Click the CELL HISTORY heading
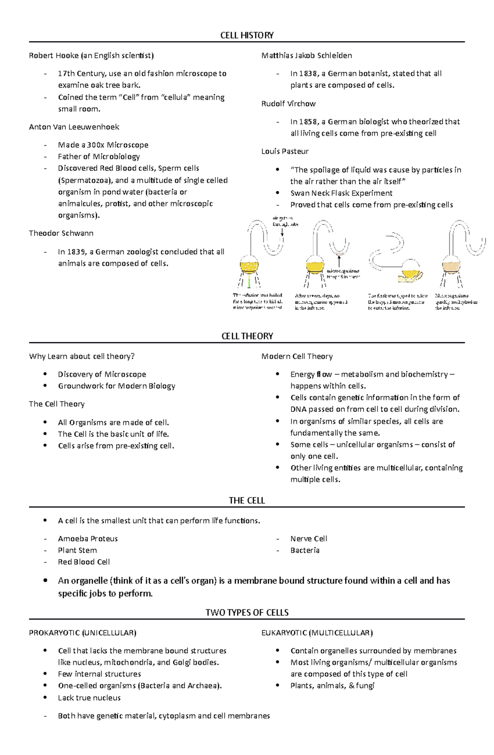247,35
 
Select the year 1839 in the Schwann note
77,252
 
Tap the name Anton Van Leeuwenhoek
74,127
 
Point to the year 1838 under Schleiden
309,74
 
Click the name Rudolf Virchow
288,104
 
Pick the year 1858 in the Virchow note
309,122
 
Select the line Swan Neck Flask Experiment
341,193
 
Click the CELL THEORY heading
247,336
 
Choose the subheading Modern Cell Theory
297,356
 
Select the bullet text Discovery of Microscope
102,374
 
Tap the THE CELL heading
247,501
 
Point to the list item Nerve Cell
309,539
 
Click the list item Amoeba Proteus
88,539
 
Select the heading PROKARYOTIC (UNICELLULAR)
82,633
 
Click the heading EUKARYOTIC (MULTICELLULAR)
317,633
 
